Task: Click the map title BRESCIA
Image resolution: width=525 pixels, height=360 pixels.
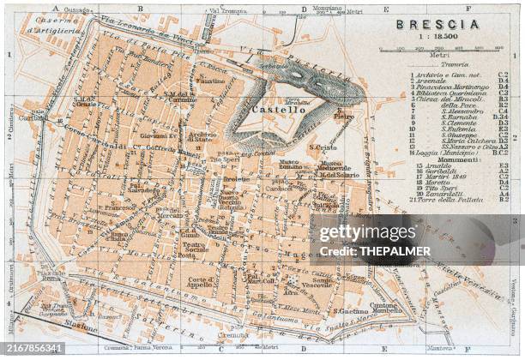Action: point(437,24)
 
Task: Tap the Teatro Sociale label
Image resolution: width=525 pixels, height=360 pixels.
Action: point(195,249)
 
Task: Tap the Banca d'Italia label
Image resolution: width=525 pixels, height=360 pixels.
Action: point(121,237)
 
